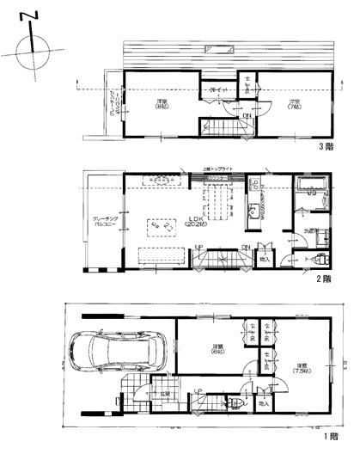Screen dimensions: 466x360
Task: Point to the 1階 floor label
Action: pyautogui.click(x=330, y=437)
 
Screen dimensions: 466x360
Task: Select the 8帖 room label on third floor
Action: pyautogui.click(x=160, y=106)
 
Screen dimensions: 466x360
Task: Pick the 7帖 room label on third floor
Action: pyautogui.click(x=293, y=104)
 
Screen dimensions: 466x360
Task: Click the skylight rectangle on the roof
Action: pyautogui.click(x=225, y=47)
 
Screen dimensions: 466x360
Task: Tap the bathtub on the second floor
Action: pyautogui.click(x=308, y=186)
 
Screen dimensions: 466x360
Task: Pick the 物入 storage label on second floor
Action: pyautogui.click(x=264, y=259)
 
